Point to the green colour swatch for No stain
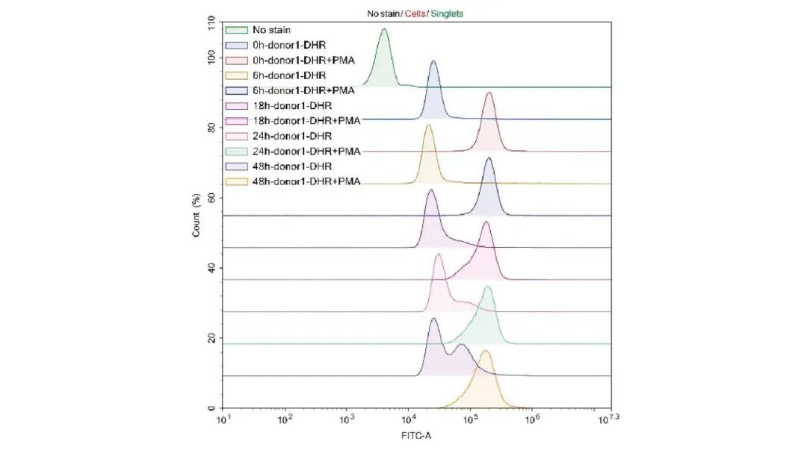pyautogui.click(x=236, y=30)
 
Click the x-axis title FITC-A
pyautogui.click(x=416, y=437)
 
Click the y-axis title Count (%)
pyautogui.click(x=197, y=215)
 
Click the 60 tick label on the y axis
pyautogui.click(x=211, y=198)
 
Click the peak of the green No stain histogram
pyautogui.click(x=384, y=30)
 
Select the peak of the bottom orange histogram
pyautogui.click(x=486, y=351)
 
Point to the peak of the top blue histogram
pyautogui.click(x=433, y=62)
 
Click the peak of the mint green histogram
pyautogui.click(x=488, y=287)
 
